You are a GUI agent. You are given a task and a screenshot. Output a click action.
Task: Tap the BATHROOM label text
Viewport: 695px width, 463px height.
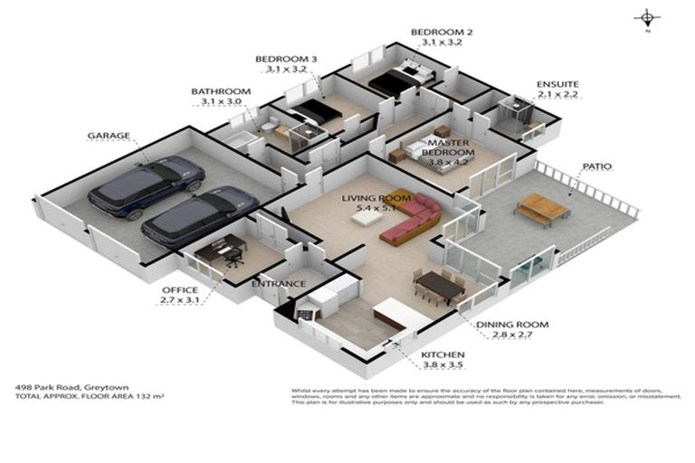(220, 91)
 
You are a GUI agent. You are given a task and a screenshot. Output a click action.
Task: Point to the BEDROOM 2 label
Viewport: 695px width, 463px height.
(442, 32)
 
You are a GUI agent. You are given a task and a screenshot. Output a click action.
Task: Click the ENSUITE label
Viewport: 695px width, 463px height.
(557, 84)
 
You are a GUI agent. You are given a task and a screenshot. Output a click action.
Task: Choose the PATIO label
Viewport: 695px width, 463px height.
(598, 166)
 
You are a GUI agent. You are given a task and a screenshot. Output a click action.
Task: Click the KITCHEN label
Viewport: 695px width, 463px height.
(443, 354)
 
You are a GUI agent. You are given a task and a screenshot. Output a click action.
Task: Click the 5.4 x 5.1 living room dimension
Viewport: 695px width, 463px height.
(376, 208)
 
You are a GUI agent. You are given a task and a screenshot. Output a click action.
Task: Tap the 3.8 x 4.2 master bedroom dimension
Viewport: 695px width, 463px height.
(448, 163)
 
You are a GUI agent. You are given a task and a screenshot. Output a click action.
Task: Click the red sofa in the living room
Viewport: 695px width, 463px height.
(412, 221)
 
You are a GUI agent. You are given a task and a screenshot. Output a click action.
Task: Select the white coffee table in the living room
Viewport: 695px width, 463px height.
(368, 216)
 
